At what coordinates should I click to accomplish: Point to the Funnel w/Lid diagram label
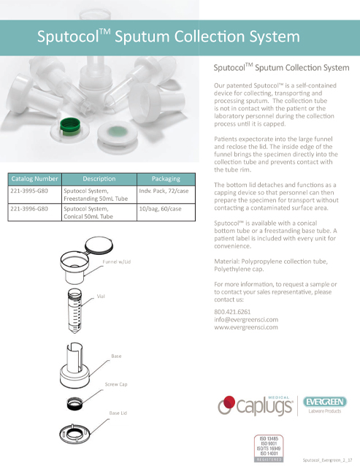tap(115, 261)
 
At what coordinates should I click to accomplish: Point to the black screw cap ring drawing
tap(75, 400)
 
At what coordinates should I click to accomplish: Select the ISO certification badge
tap(267, 448)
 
